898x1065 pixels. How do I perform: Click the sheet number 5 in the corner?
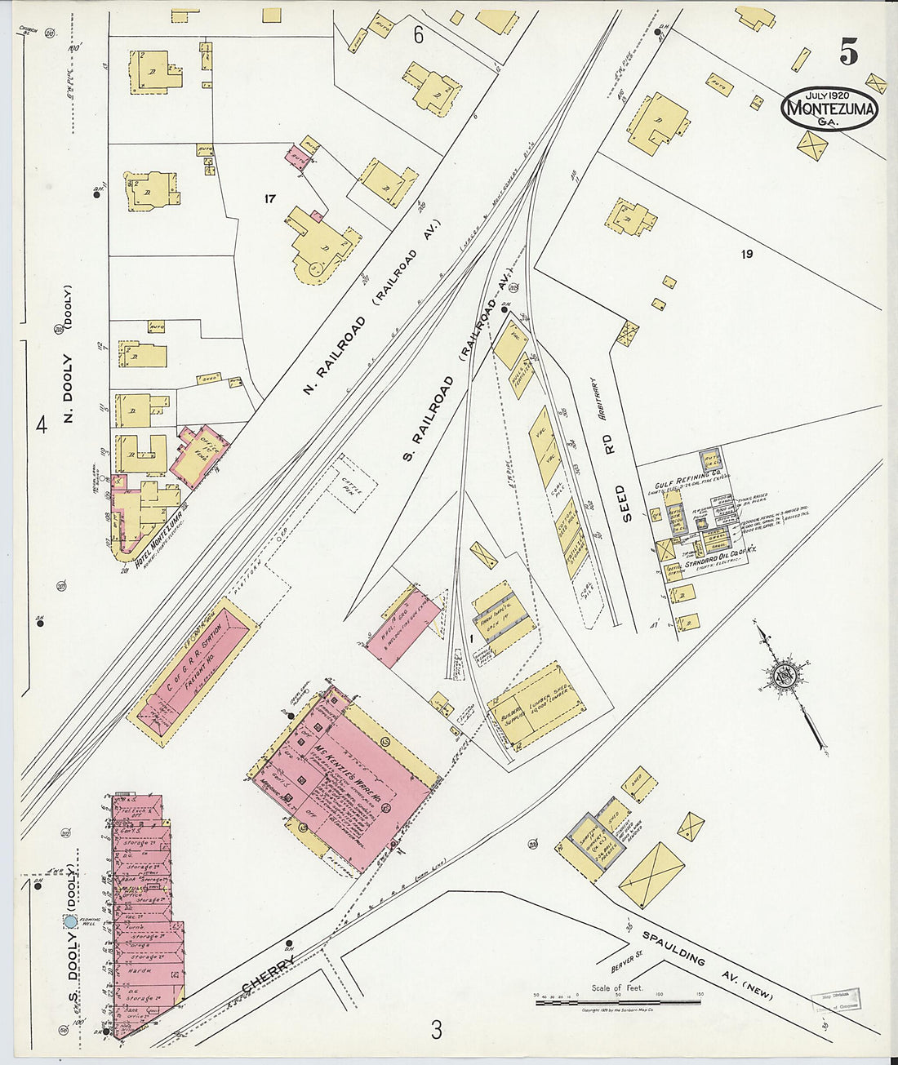click(848, 52)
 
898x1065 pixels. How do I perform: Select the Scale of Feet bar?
click(617, 1001)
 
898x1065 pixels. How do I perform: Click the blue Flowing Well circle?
click(70, 921)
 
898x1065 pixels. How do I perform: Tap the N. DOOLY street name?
click(69, 389)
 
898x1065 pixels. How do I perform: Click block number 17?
click(271, 198)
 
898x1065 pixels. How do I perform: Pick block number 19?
click(746, 254)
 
